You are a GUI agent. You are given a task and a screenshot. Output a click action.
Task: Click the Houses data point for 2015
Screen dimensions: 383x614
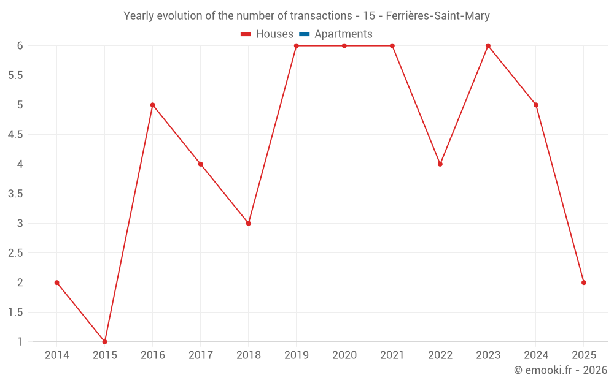tap(105, 341)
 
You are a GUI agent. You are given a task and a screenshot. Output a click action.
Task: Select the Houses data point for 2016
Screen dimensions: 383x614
tap(153, 105)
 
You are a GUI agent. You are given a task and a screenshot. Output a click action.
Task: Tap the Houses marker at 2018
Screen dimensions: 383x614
tap(249, 223)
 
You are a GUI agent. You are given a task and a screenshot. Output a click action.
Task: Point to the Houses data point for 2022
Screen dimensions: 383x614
tap(440, 164)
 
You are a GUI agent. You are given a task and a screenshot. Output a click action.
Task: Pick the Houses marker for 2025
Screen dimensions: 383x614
tap(584, 283)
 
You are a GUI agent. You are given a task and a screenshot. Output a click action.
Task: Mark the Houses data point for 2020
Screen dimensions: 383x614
tap(344, 46)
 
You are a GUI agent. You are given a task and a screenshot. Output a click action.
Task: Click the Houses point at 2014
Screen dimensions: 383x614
tap(57, 283)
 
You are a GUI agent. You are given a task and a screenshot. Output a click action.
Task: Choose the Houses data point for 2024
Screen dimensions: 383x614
tap(536, 105)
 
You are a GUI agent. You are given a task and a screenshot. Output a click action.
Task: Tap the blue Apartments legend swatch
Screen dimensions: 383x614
tap(305, 34)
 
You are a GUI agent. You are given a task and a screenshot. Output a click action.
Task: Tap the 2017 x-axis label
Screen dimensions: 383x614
tap(201, 355)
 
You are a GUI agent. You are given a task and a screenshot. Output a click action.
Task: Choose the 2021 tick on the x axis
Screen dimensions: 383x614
tap(392, 355)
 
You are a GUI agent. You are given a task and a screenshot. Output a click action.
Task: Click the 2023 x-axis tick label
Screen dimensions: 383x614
tap(488, 355)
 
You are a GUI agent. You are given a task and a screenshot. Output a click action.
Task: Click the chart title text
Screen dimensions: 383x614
tap(307, 16)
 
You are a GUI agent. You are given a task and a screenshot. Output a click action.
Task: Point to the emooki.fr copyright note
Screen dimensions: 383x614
tap(560, 370)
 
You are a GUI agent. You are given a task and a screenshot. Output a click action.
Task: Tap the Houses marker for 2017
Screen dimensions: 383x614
tap(201, 164)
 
